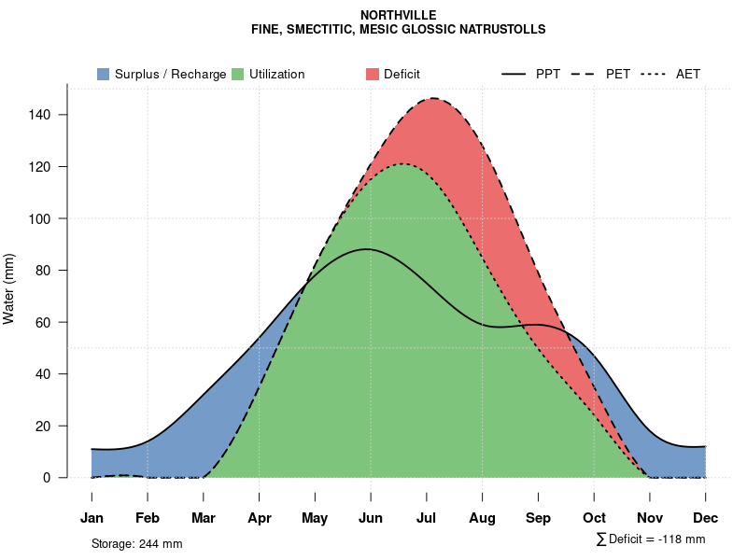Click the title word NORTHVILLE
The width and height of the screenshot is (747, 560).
(398, 15)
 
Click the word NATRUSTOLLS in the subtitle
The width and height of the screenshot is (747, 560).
(505, 29)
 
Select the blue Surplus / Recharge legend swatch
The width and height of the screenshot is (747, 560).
(104, 74)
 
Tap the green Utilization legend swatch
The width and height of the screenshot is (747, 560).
(238, 74)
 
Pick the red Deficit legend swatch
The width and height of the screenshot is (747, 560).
(373, 74)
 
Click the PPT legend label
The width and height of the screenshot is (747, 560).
(548, 74)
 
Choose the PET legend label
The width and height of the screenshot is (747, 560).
(618, 74)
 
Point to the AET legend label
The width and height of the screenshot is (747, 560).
(688, 74)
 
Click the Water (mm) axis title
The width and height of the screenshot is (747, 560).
(9, 288)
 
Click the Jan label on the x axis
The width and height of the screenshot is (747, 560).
(92, 518)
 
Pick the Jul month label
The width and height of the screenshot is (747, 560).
(427, 518)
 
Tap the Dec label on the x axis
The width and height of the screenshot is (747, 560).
(706, 518)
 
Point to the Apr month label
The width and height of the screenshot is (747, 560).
(260, 518)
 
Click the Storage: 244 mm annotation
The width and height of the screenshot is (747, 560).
(136, 543)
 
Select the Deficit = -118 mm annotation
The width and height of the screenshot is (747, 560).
(651, 539)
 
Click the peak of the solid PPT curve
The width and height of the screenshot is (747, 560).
(367, 249)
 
